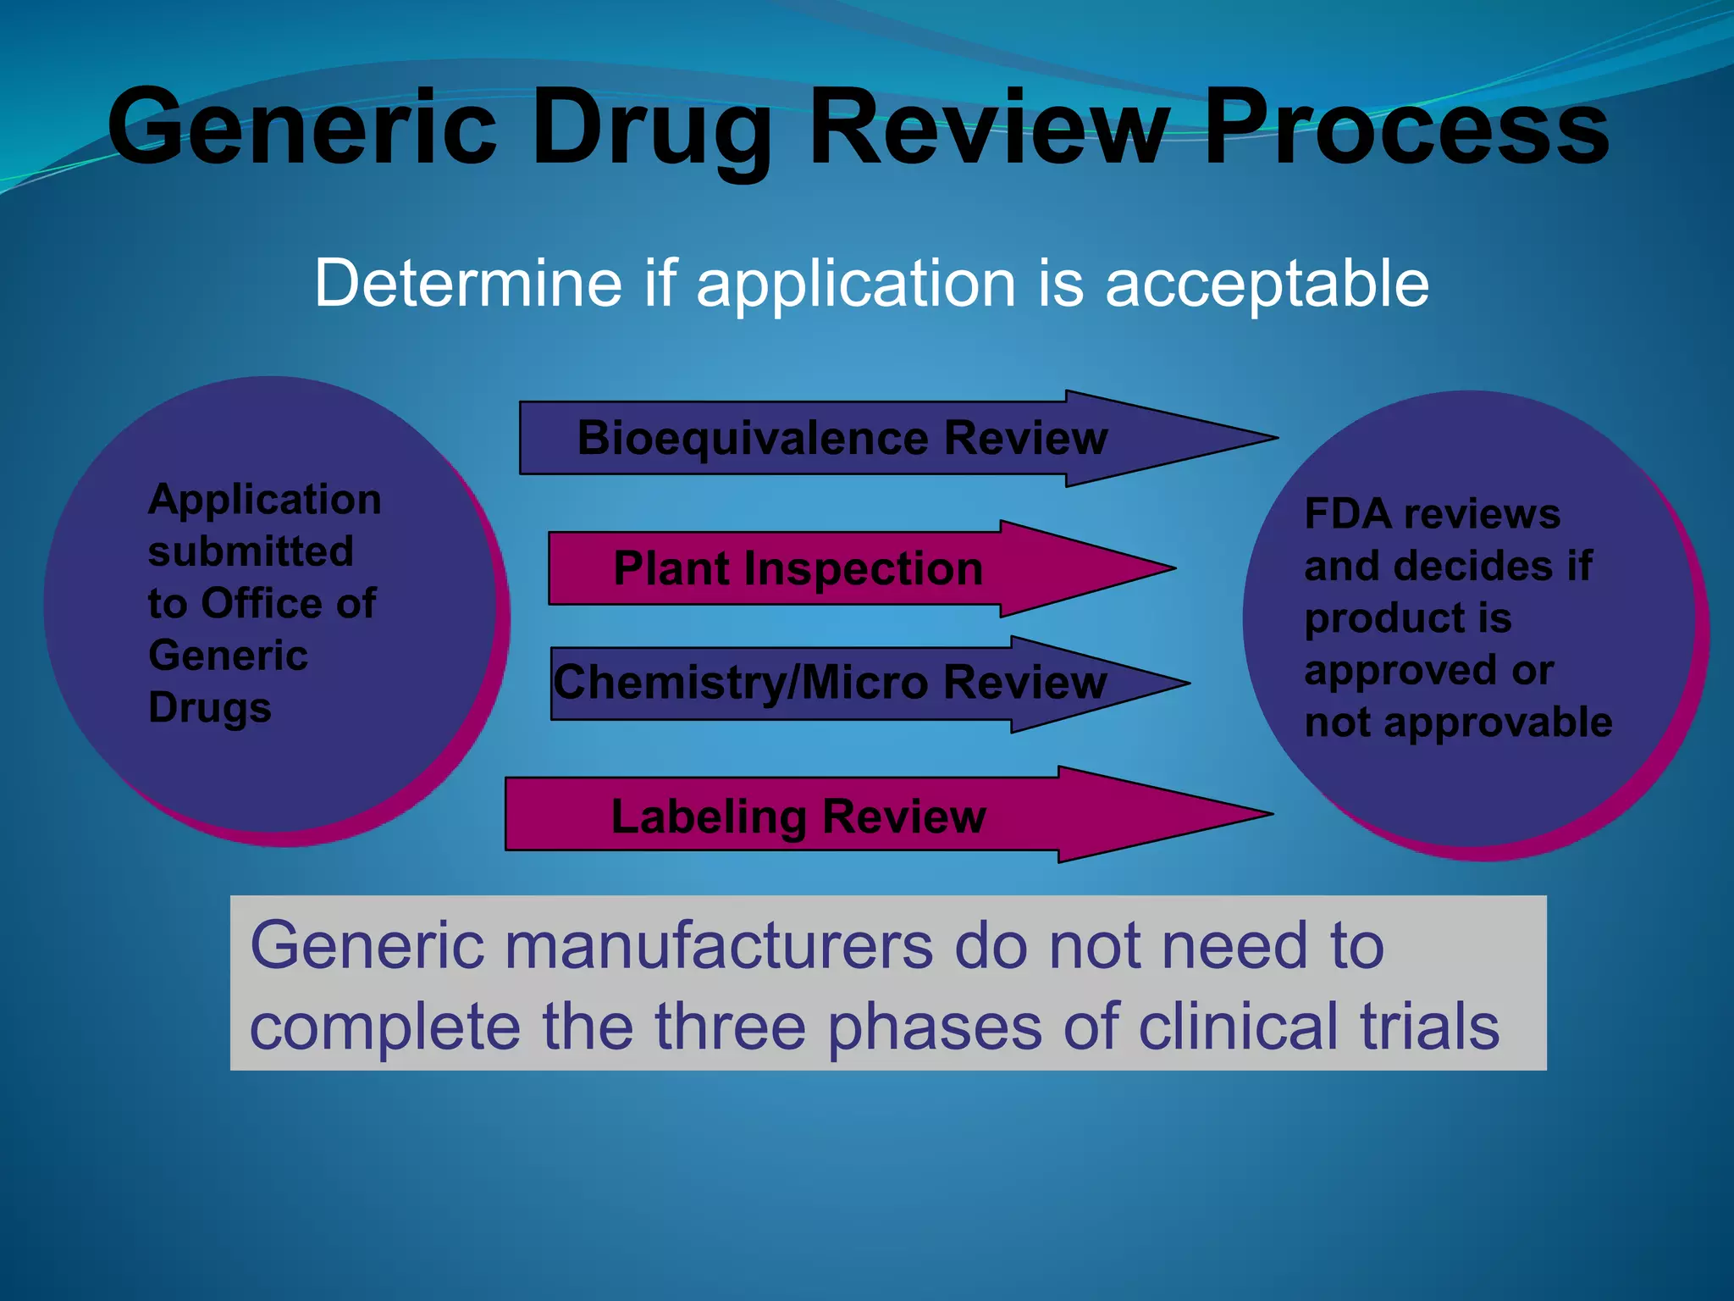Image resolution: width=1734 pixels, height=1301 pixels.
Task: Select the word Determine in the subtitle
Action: tap(467, 283)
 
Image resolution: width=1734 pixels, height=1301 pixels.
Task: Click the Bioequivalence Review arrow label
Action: tap(842, 439)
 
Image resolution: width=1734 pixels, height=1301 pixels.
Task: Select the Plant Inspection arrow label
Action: tap(798, 568)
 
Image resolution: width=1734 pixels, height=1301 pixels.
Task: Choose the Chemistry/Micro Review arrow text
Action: tap(830, 683)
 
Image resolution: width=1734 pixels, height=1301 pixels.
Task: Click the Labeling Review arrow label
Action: tap(798, 817)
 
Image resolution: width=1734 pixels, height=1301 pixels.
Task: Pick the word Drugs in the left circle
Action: tap(210, 708)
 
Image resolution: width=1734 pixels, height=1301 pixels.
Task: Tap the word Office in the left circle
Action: tap(262, 604)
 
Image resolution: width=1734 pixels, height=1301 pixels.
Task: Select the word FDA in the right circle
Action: tap(1347, 514)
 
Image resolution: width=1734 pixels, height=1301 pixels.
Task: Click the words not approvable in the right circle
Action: tap(1458, 723)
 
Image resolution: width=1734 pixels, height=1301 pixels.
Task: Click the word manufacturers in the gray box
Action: tap(719, 946)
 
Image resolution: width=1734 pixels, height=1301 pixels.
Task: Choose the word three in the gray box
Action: tap(730, 1027)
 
